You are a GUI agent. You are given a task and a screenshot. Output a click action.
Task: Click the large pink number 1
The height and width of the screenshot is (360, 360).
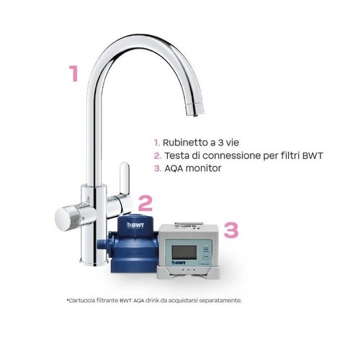tap(73, 74)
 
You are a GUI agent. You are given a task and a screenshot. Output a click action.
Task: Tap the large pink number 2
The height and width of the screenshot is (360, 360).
tap(145, 204)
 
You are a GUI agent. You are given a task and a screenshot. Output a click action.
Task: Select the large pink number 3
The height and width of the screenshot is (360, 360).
tap(231, 230)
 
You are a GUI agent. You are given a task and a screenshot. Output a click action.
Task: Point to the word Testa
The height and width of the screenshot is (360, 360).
tap(176, 156)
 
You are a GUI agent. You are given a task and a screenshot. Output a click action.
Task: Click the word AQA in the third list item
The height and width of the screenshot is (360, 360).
tap(175, 168)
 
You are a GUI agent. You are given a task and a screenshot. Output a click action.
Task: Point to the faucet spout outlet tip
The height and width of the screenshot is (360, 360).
tap(191, 109)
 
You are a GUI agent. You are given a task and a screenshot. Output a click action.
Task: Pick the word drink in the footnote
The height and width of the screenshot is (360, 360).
tap(146, 300)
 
